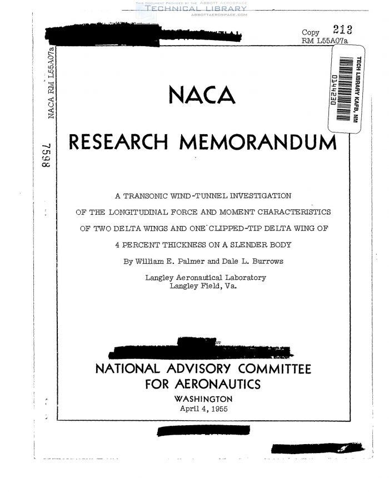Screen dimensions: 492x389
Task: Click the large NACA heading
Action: (x=201, y=96)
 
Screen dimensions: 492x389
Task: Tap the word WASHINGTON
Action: (x=203, y=398)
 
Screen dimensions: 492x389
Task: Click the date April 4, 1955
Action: (x=204, y=408)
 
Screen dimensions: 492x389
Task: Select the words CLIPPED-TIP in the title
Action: (x=226, y=228)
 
